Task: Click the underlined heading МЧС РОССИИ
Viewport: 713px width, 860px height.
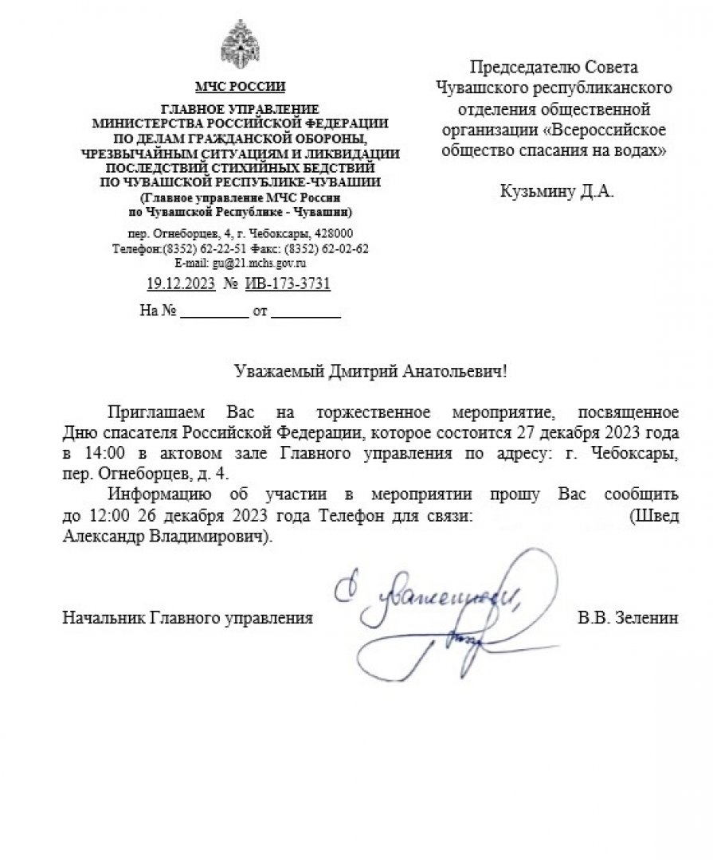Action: [240, 86]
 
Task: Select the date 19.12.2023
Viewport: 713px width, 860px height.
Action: [180, 284]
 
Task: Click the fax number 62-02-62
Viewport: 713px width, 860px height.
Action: [347, 248]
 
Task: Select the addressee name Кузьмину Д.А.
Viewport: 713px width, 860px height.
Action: [557, 192]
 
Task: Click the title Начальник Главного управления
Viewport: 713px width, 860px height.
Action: [187, 617]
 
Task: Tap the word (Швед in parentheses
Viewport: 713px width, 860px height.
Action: [654, 515]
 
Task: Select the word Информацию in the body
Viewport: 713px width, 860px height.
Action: [157, 494]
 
